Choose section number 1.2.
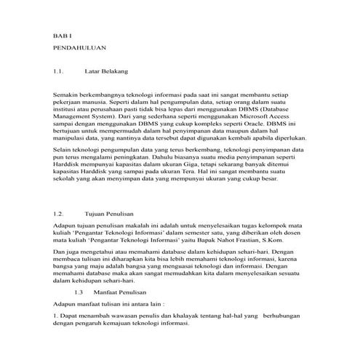tap(60, 215)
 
